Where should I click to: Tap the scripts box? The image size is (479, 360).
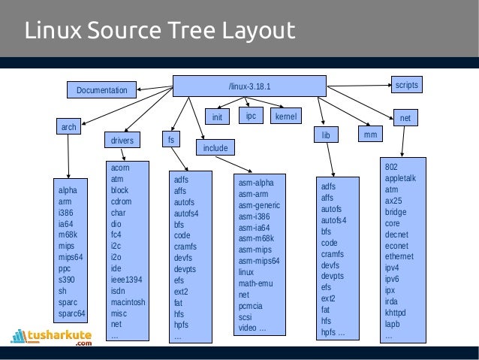[406, 85]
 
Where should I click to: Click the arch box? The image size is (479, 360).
[69, 128]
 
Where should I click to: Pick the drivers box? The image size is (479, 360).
[122, 140]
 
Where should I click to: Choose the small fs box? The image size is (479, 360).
[171, 140]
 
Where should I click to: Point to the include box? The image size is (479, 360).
[215, 148]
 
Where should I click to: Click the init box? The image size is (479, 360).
[217, 117]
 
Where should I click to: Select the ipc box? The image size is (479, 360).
[252, 116]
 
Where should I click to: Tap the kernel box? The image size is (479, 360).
[285, 117]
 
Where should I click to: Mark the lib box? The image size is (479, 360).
[326, 135]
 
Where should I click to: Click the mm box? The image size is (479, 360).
[369, 135]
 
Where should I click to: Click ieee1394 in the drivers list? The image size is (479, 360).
[127, 280]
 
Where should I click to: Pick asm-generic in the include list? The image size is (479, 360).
[259, 205]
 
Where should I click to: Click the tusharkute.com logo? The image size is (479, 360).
[53, 337]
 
